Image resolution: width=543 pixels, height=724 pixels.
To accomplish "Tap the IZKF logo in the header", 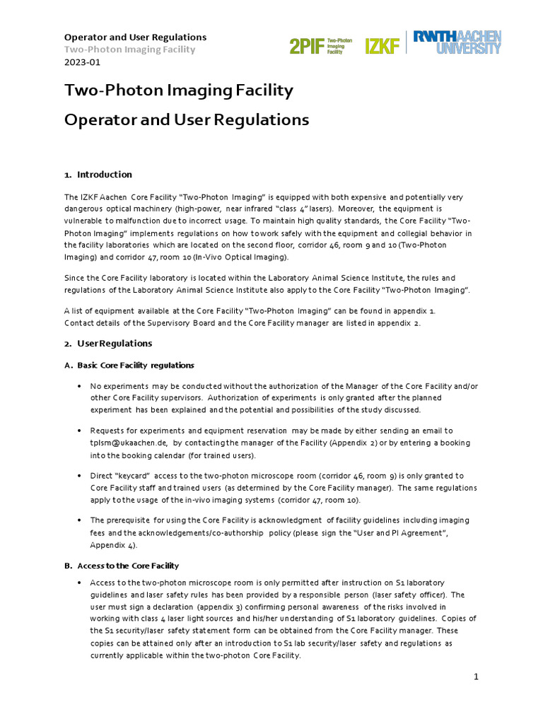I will tap(382, 46).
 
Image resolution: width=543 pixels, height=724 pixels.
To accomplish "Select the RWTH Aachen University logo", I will tap(457, 42).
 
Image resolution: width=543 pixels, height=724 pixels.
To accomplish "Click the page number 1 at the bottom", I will tap(477, 677).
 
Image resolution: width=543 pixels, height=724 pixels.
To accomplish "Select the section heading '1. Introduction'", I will tap(98, 175).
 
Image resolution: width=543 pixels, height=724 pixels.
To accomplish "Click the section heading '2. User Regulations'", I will tap(108, 343).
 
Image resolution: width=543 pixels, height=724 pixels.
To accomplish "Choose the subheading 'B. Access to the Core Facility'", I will tap(122, 566).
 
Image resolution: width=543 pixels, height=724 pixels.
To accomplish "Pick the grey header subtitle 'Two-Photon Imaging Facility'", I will tap(129, 49).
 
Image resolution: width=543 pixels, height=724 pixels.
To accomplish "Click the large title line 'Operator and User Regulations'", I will tap(187, 120).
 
